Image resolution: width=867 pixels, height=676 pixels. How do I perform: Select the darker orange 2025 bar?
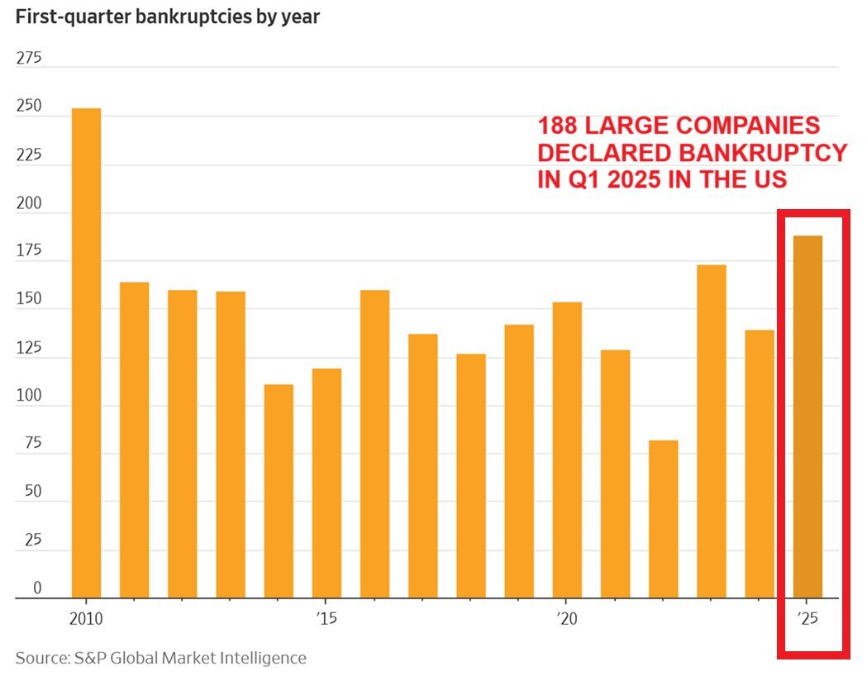click(x=807, y=417)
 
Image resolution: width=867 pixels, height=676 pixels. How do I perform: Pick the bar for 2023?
click(x=711, y=431)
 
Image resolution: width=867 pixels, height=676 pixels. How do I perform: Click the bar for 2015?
click(x=326, y=483)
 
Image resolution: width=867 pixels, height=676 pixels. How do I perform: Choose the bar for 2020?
click(x=567, y=450)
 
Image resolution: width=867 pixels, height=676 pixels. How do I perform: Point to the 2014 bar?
click(x=279, y=491)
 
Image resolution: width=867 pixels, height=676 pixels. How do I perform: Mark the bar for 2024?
click(x=760, y=464)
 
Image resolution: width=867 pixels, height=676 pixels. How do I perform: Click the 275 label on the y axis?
click(x=28, y=59)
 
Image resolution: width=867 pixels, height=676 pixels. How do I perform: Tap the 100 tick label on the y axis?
click(x=28, y=396)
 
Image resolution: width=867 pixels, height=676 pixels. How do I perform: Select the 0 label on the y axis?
click(x=36, y=588)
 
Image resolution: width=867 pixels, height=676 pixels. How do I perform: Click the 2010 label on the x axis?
click(x=86, y=618)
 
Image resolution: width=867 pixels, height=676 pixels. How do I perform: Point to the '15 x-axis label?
click(x=326, y=618)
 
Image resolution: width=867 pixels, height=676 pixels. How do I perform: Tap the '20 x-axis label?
click(x=566, y=618)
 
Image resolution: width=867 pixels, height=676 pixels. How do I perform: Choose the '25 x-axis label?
click(x=807, y=618)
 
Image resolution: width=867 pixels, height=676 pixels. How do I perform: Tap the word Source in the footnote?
click(x=40, y=658)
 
